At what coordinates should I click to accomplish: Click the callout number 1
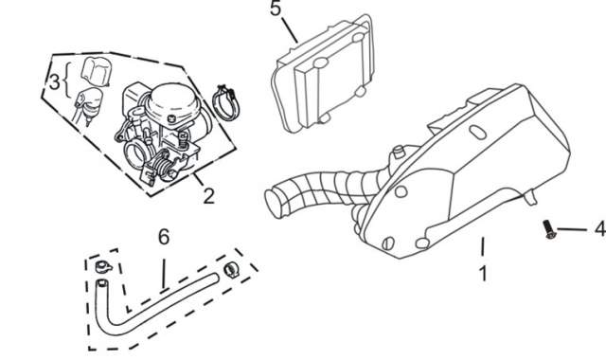(x=483, y=274)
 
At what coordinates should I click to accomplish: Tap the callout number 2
(x=208, y=196)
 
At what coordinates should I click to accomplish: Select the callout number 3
(x=55, y=81)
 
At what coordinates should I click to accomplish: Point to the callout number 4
(x=600, y=229)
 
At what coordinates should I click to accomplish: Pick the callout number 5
(x=276, y=9)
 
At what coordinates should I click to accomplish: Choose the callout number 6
(x=164, y=237)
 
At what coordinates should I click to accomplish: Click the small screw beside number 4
(x=548, y=229)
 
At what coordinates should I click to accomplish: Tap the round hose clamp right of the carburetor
(x=225, y=103)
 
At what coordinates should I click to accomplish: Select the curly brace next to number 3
(x=66, y=81)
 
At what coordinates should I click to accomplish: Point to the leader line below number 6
(x=164, y=274)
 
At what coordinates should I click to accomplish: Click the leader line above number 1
(x=483, y=246)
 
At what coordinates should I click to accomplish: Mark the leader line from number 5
(x=290, y=29)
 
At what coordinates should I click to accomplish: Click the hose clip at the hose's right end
(x=231, y=269)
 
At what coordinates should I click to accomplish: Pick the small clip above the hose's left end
(x=103, y=266)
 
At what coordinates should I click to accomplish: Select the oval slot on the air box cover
(x=477, y=132)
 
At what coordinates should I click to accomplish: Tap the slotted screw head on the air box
(x=388, y=243)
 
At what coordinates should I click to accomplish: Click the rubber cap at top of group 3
(x=97, y=72)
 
